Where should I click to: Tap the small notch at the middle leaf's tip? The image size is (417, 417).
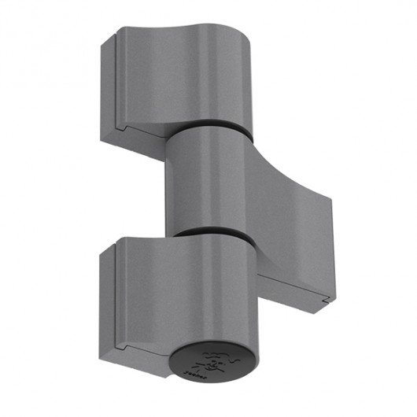pos(325,297)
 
